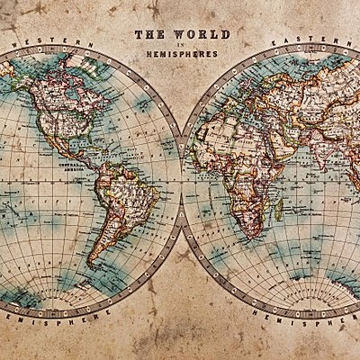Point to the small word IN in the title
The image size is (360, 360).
182,44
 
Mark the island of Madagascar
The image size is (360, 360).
279,209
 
